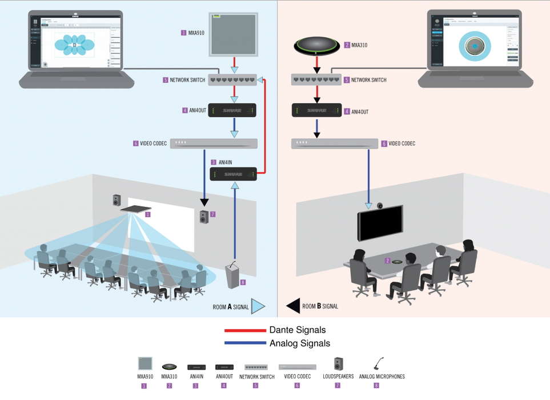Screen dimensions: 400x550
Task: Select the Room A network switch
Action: [232, 80]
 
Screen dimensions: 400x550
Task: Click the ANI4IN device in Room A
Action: [232, 174]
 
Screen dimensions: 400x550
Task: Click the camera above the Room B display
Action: [380, 205]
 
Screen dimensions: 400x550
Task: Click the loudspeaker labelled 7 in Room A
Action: [205, 217]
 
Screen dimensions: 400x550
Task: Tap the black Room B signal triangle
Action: [292, 306]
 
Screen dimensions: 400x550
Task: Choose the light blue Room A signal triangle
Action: [258, 306]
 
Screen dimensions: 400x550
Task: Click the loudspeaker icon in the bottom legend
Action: [338, 364]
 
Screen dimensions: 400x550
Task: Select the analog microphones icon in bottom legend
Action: [378, 364]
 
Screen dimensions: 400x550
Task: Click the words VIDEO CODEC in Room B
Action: [402, 143]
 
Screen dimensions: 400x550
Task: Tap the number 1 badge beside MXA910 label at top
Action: [183, 33]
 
